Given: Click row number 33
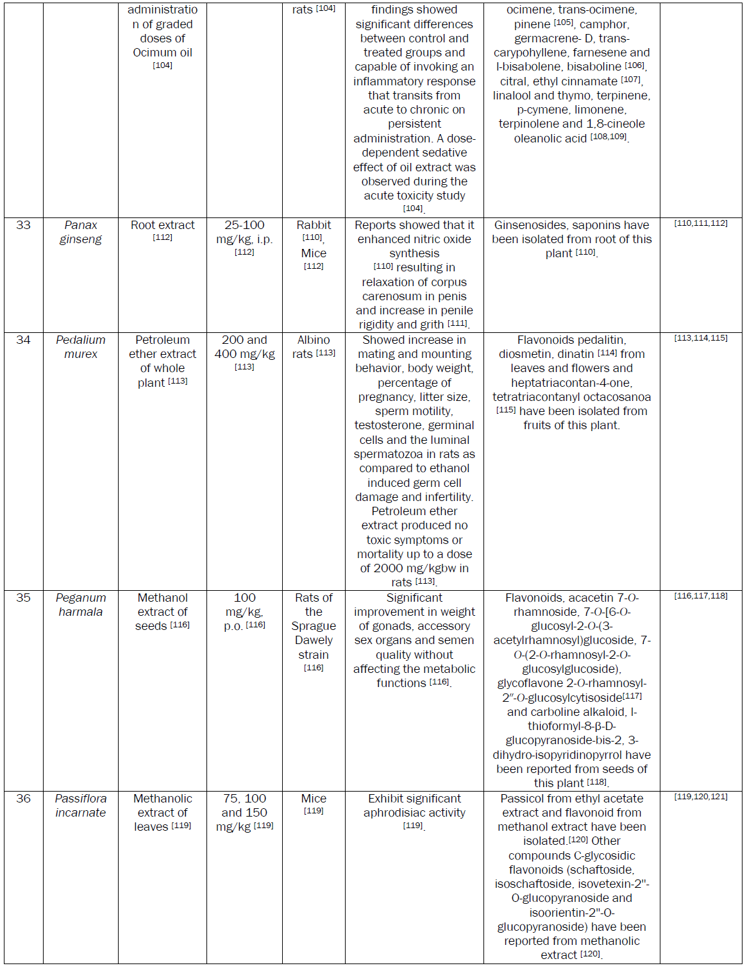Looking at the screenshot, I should point(23,225).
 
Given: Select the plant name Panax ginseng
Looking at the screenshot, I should point(81,232).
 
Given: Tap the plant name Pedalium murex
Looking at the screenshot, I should point(81,347).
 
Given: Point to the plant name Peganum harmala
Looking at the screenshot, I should point(81,605).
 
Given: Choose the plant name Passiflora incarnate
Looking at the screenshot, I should point(81,806).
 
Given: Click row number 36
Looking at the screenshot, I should point(23,799).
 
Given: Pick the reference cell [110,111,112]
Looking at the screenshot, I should point(701,223).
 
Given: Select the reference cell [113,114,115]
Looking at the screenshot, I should point(701,338).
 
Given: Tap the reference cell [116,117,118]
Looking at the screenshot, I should point(701,596).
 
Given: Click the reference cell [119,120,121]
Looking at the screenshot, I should point(701,797).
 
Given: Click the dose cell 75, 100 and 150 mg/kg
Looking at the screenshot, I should point(244,813).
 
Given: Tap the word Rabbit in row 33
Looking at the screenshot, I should point(314,225).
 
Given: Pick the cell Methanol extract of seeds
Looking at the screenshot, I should point(162,612).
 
